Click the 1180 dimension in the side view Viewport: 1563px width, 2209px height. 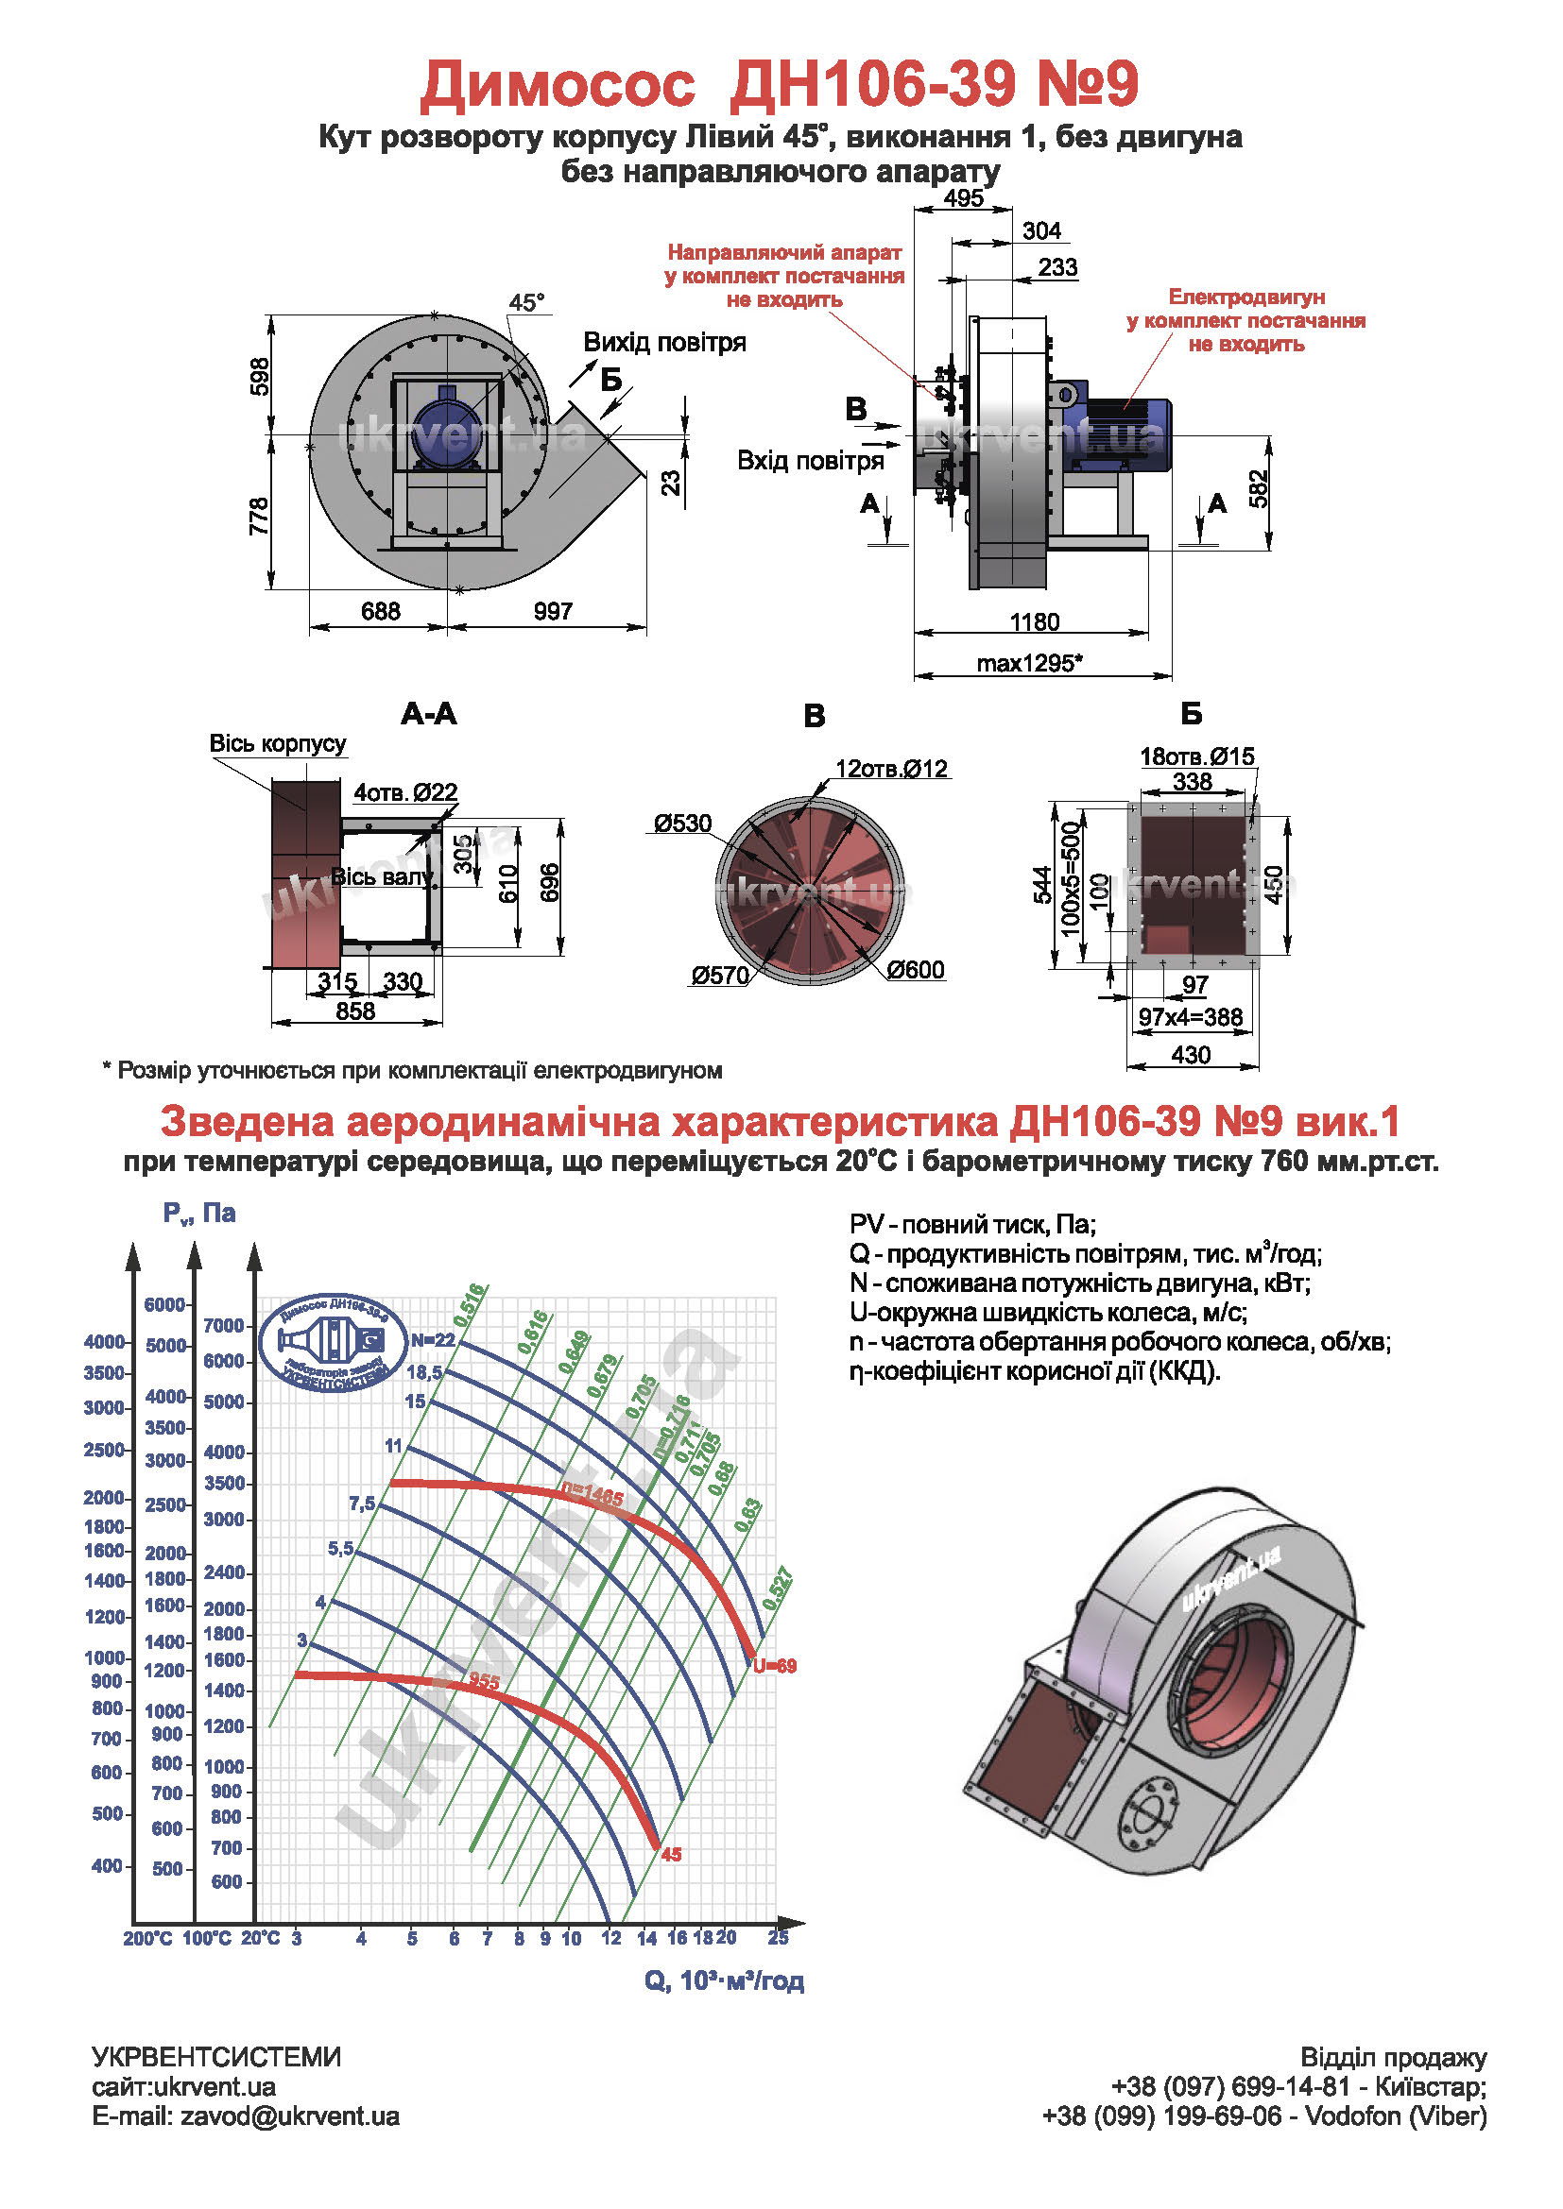(x=1034, y=621)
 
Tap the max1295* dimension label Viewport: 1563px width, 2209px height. (x=1029, y=663)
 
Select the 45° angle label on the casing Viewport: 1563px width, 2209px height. (x=526, y=302)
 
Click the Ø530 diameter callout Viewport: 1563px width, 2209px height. (x=682, y=823)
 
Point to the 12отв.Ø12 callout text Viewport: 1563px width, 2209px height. (x=891, y=769)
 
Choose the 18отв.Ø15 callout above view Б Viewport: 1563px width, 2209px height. (x=1196, y=756)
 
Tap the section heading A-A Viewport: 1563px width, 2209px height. (x=428, y=713)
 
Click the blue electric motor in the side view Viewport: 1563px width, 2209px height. (x=1126, y=433)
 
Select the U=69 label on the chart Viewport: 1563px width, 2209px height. (x=775, y=1665)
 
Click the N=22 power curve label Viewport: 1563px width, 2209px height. (x=432, y=1340)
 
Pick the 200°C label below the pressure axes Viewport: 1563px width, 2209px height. (x=147, y=1938)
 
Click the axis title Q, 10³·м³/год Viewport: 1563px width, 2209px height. (x=724, y=1981)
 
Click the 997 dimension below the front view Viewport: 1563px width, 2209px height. (x=554, y=611)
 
